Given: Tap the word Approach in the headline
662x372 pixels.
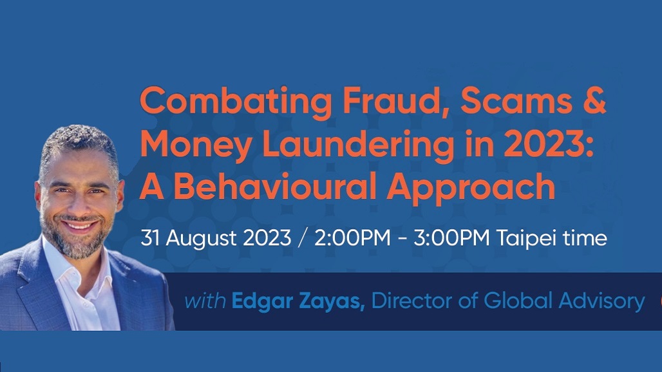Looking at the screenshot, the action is pos(471,189).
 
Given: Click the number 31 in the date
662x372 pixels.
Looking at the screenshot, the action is pos(150,238).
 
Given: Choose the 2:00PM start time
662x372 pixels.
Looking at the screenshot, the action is pos(352,238).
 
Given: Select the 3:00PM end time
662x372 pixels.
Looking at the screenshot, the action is pos(451,238).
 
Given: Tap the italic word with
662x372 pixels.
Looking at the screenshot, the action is pos(205,301).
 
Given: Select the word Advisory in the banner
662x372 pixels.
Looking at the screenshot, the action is pos(601,302).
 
